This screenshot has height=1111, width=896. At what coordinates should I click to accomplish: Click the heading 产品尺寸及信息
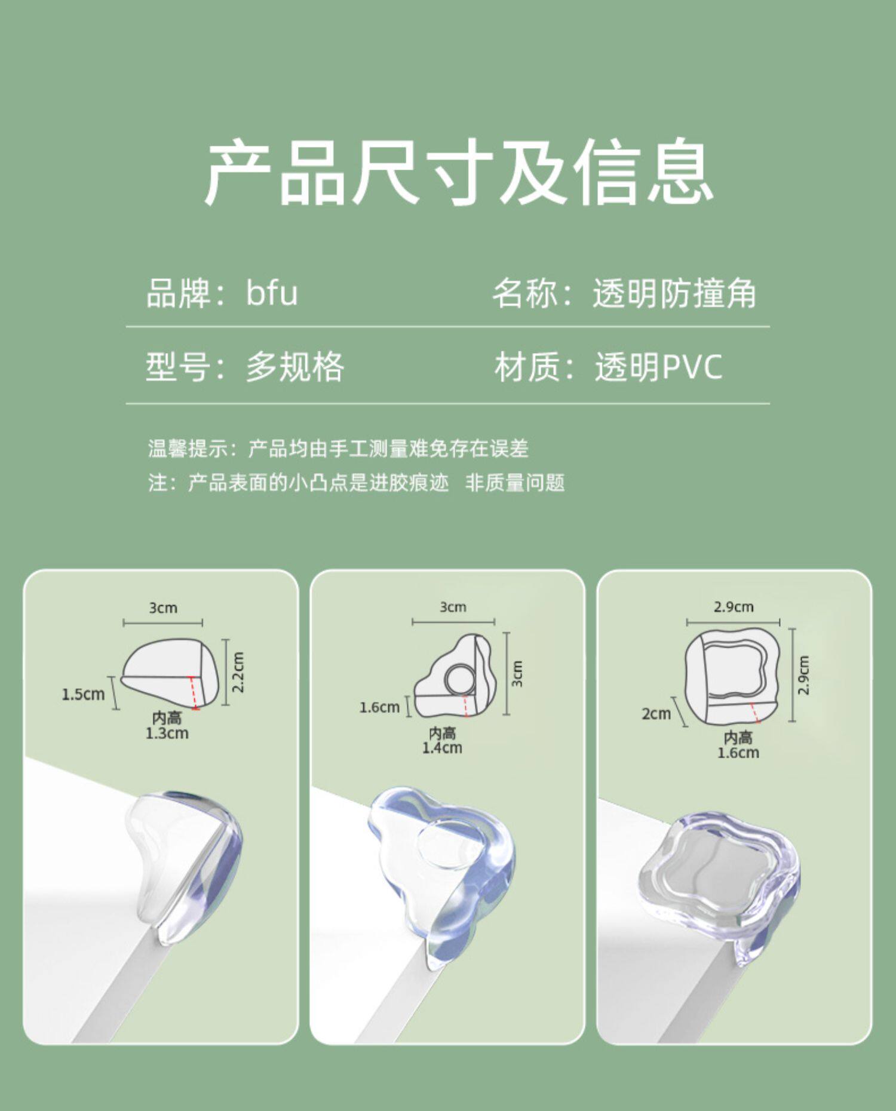[x=459, y=171]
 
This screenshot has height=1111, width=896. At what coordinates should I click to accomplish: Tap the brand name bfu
[x=272, y=293]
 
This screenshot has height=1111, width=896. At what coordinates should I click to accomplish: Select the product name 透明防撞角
[x=674, y=293]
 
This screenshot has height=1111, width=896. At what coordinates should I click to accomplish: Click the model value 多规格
[x=295, y=366]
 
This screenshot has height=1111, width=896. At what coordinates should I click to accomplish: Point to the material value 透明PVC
[x=658, y=367]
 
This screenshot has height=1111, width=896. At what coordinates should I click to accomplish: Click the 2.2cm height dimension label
[x=238, y=672]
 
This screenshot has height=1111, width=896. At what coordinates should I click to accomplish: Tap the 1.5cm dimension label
[x=83, y=694]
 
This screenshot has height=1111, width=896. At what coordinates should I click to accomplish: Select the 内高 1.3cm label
[x=167, y=725]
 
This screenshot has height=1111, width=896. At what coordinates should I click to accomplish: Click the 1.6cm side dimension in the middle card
[x=379, y=707]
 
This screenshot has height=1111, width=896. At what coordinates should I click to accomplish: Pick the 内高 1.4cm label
[x=443, y=740]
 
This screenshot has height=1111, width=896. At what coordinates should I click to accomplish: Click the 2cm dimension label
[x=656, y=714]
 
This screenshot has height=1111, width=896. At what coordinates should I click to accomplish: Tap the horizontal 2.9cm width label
[x=734, y=607]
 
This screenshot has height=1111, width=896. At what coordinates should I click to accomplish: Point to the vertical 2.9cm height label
[x=804, y=675]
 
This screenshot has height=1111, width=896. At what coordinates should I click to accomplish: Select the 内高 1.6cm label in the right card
[x=738, y=745]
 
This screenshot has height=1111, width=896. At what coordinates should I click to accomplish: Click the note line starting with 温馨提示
[x=338, y=448]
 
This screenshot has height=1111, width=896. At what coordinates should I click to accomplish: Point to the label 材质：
[x=535, y=367]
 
